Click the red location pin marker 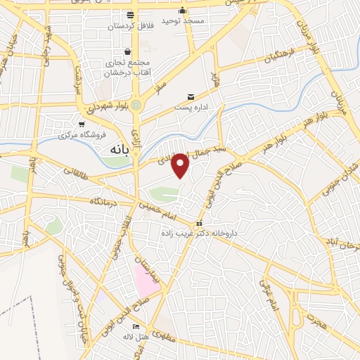pyautogui.click(x=181, y=165)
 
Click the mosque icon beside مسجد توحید pyautogui.click(x=183, y=11)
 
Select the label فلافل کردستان pyautogui.click(x=130, y=25)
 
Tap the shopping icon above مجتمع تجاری pyautogui.click(x=127, y=51)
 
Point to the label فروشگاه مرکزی pyautogui.click(x=82, y=134)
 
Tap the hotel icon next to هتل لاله pyautogui.click(x=136, y=327)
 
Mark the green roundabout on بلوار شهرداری pyautogui.click(x=136, y=105)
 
